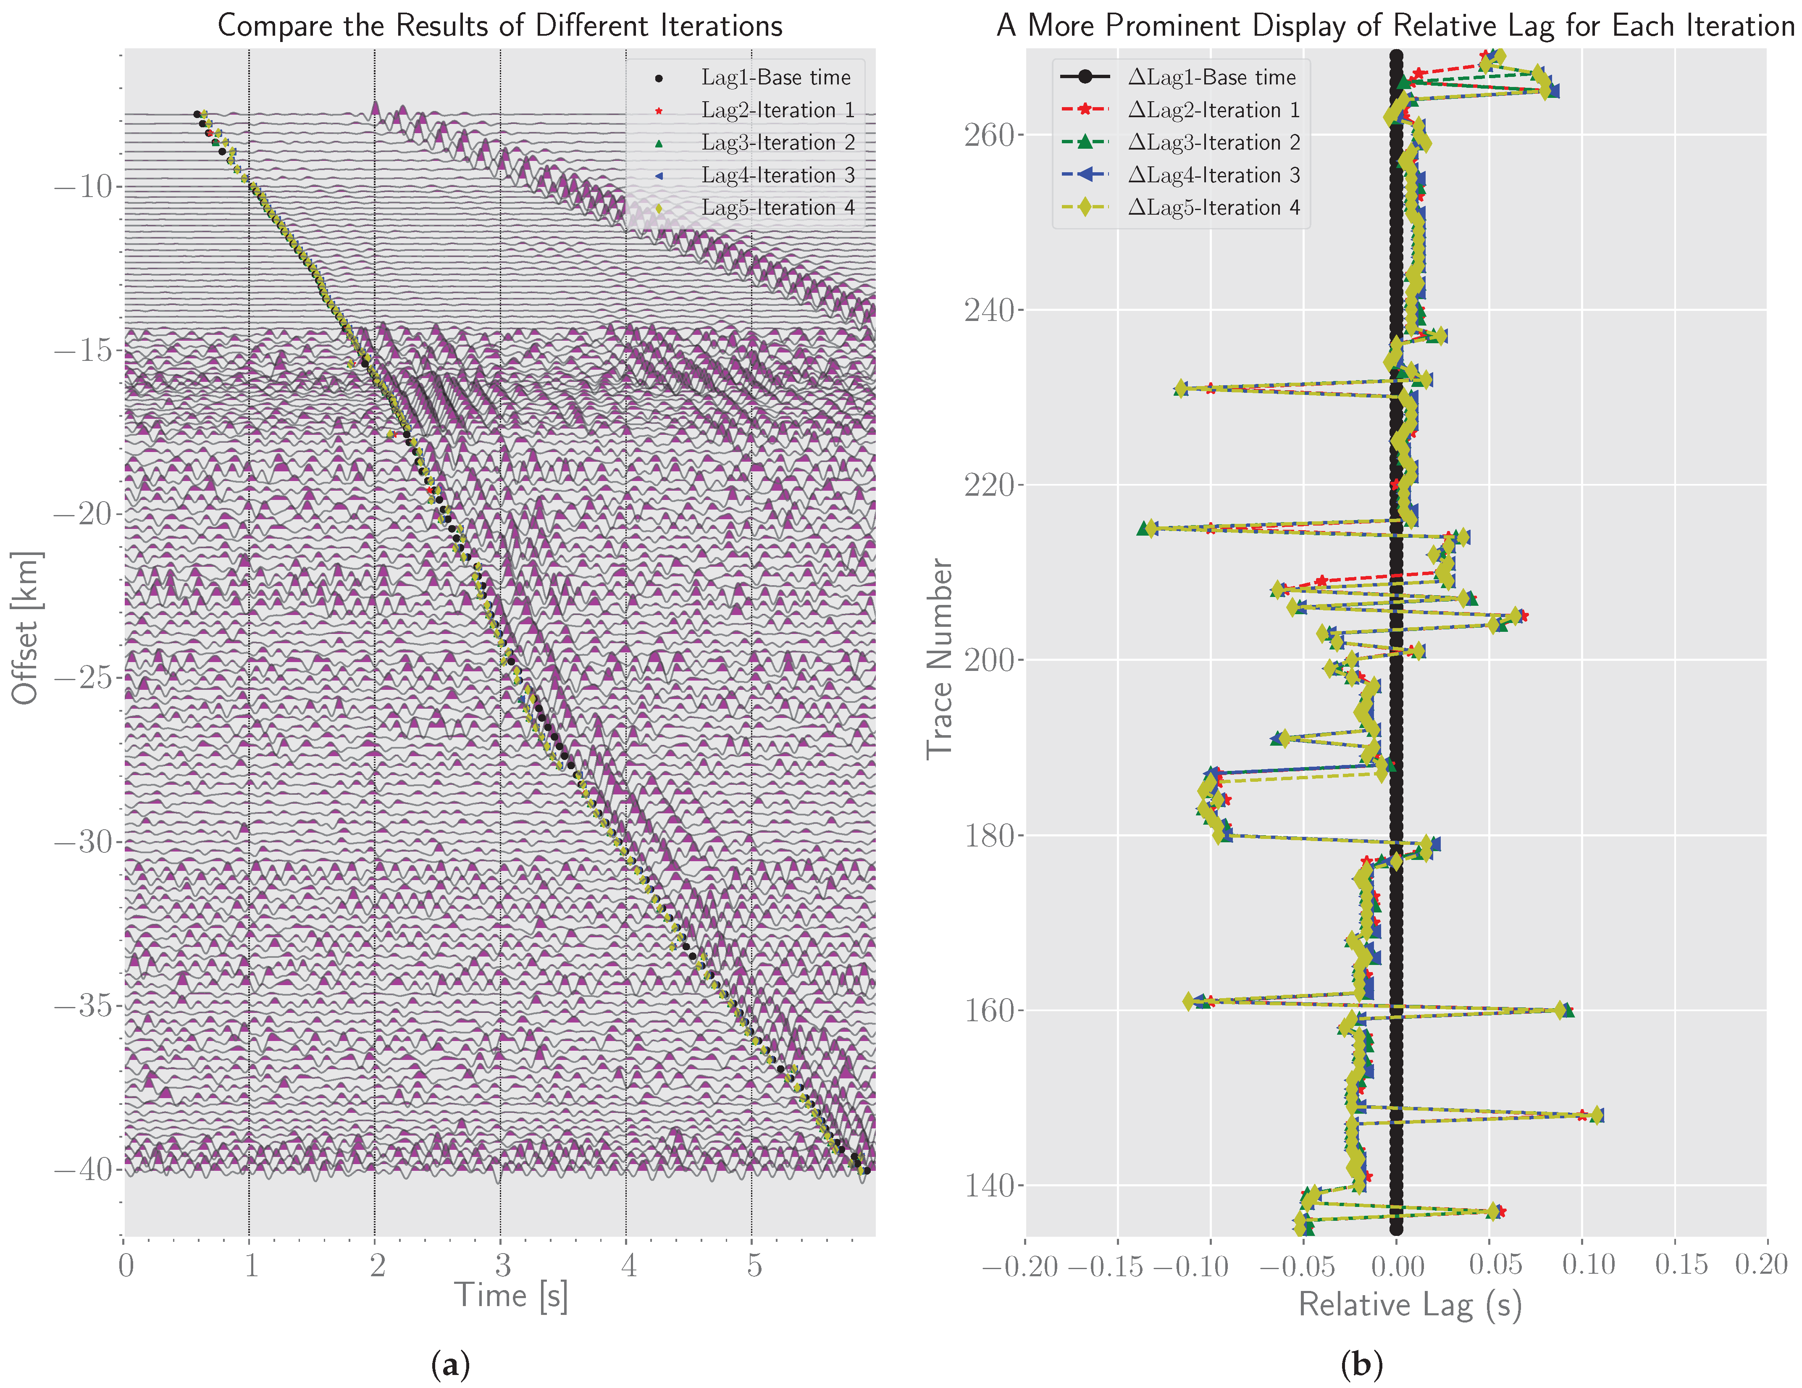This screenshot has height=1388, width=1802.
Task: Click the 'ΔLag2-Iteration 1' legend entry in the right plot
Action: point(1213,110)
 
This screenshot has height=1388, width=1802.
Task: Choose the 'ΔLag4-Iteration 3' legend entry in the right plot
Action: point(1213,175)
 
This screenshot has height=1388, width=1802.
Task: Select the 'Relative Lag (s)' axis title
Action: point(1409,1305)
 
